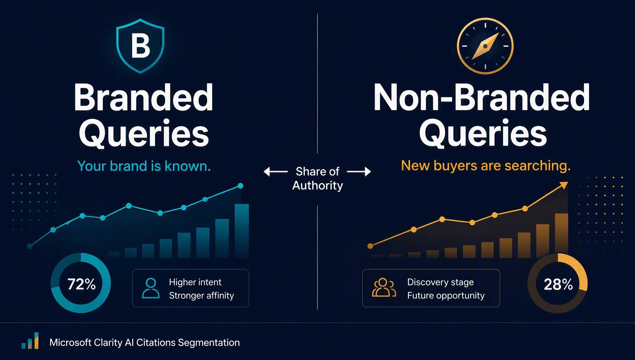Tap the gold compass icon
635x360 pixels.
pyautogui.click(x=485, y=46)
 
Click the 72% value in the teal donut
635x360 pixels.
pyautogui.click(x=81, y=284)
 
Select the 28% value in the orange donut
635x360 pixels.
pyautogui.click(x=558, y=284)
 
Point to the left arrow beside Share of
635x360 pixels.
pyautogui.click(x=275, y=172)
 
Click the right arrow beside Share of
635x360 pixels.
pyautogui.click(x=359, y=172)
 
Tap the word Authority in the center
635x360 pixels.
pyautogui.click(x=317, y=186)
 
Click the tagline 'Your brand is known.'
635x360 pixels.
pyautogui.click(x=144, y=166)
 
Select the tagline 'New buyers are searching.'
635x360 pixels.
pyautogui.click(x=486, y=165)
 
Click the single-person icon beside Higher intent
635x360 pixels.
pyautogui.click(x=151, y=288)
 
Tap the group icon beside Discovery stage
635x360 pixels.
pyautogui.click(x=384, y=288)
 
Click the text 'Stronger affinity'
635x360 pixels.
pyautogui.click(x=201, y=295)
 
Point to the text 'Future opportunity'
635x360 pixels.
pyautogui.click(x=446, y=295)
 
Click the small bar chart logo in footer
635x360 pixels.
pyautogui.click(x=30, y=341)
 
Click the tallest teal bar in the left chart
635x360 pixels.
pyautogui.click(x=242, y=231)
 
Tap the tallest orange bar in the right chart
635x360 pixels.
pyautogui.click(x=562, y=235)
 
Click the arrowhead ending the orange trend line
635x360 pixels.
pyautogui.click(x=564, y=185)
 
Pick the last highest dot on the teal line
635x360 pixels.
pyautogui.click(x=240, y=186)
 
